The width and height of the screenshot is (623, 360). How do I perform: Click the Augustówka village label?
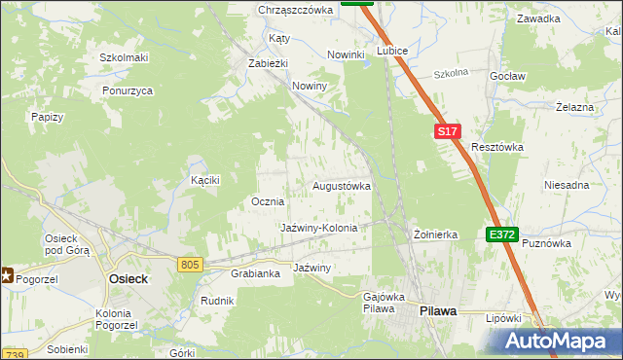coord(341,185)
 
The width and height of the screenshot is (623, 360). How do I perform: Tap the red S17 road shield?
coord(446,130)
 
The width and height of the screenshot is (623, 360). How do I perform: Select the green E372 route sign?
coord(502,234)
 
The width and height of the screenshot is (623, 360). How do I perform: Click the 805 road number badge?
coord(190,264)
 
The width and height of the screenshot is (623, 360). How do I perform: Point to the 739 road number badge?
coord(14,352)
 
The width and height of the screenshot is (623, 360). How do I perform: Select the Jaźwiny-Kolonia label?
coord(319,228)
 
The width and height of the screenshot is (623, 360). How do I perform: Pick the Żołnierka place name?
coord(435,234)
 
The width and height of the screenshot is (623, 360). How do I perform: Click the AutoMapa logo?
coord(558,341)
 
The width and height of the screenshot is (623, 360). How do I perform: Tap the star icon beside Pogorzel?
coord(6,276)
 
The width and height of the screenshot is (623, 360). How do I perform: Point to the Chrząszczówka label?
coord(295,10)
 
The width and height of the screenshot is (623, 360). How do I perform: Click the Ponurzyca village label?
coord(128,90)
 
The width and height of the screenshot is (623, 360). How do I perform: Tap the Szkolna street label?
coord(451,73)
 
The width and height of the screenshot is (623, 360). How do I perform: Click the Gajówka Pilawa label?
coord(378,302)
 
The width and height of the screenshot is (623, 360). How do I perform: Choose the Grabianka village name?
coord(255,273)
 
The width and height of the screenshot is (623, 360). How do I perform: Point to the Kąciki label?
coord(205,180)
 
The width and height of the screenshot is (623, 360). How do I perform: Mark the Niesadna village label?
coord(567,185)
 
